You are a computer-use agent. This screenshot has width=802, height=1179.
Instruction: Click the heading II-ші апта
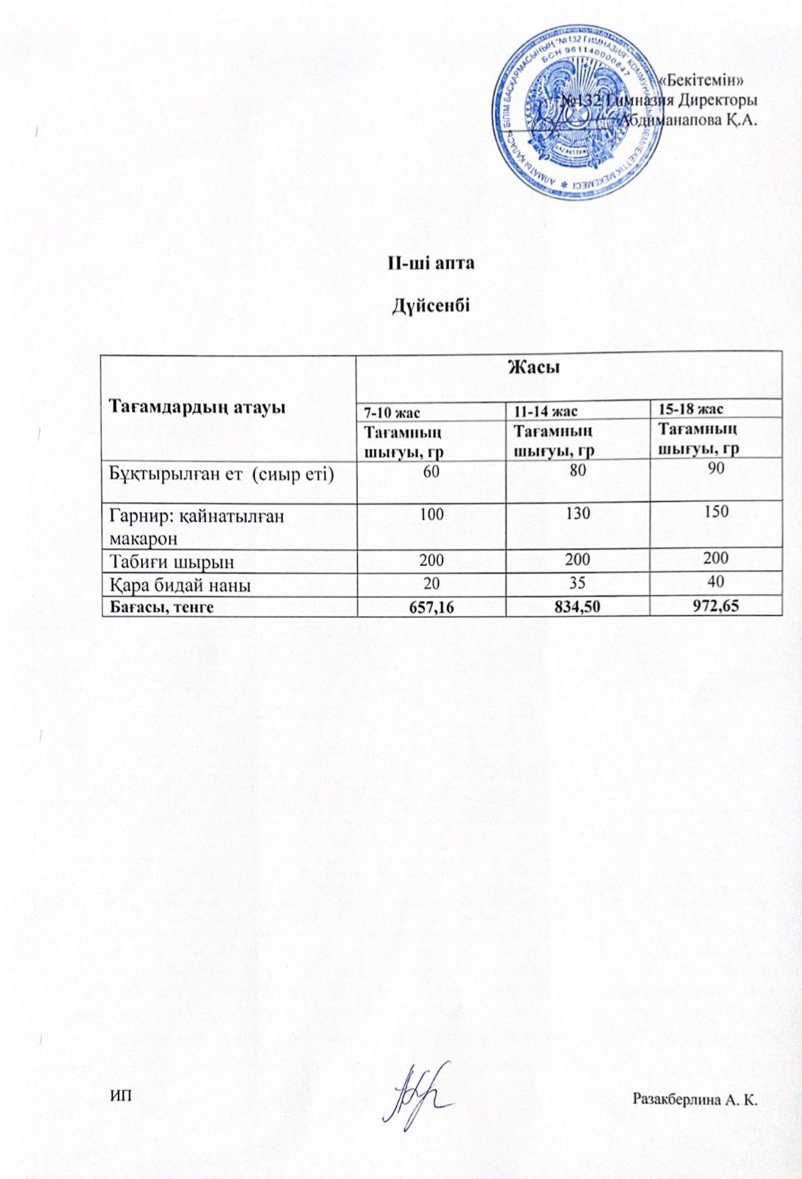(431, 263)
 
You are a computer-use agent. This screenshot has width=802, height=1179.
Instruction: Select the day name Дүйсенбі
(431, 306)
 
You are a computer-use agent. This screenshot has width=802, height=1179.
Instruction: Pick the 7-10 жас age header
(388, 410)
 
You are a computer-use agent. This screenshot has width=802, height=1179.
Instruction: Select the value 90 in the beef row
(715, 469)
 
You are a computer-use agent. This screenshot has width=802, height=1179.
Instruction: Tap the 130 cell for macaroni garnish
(578, 513)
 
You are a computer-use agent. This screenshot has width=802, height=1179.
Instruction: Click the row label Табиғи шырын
(172, 561)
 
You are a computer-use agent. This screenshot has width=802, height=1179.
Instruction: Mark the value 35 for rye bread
(577, 583)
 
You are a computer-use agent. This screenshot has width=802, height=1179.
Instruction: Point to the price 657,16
(432, 606)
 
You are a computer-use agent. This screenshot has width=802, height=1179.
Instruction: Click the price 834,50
(578, 606)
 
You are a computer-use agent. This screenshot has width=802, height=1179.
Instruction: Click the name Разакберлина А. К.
(695, 1100)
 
